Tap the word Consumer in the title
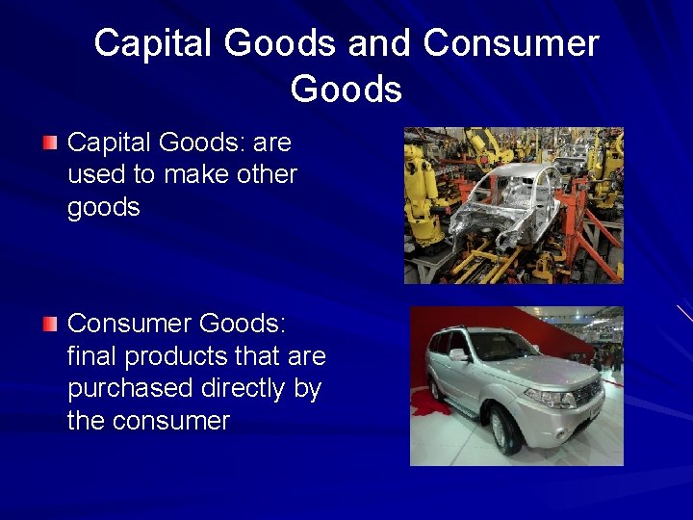click(510, 43)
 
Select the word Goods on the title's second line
click(346, 89)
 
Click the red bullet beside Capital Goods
click(50, 143)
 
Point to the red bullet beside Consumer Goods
click(50, 324)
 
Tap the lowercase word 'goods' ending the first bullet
click(104, 208)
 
